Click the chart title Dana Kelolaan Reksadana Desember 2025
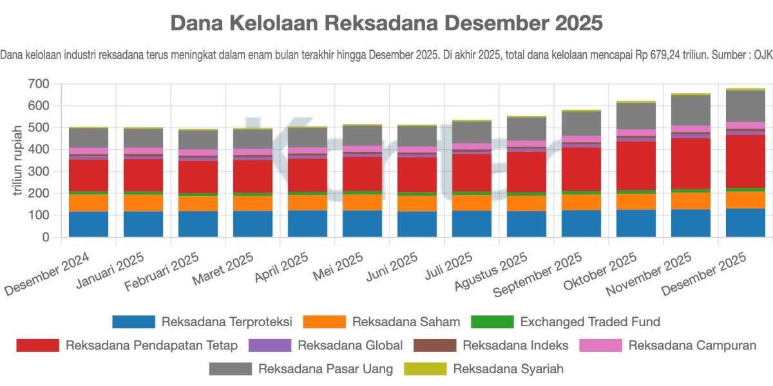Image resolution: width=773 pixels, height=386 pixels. pyautogui.click(x=386, y=23)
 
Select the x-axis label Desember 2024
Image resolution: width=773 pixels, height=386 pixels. pyautogui.click(x=47, y=273)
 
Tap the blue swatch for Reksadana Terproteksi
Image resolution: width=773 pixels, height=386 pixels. pyautogui.click(x=133, y=322)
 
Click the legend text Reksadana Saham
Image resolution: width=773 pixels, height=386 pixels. pyautogui.click(x=406, y=322)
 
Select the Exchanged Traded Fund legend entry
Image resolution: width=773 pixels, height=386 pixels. pyautogui.click(x=590, y=322)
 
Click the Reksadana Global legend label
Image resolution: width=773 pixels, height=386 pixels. pyautogui.click(x=350, y=345)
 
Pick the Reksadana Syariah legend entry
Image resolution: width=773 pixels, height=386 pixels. pyautogui.click(x=508, y=369)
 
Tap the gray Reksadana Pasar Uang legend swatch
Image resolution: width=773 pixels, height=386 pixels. pyautogui.click(x=230, y=369)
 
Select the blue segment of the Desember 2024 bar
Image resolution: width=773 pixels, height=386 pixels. pyautogui.click(x=88, y=224)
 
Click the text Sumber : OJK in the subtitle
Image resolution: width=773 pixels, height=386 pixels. pyautogui.click(x=740, y=55)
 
